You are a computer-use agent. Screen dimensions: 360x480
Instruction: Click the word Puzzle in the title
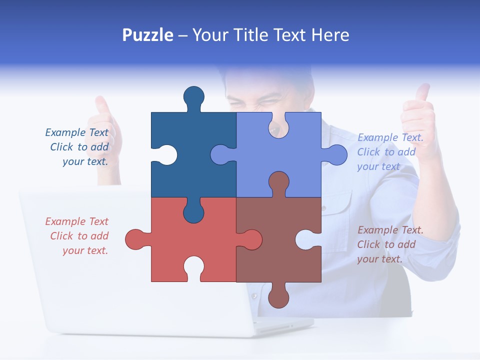click(x=147, y=35)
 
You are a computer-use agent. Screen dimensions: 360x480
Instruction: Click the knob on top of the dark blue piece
click(x=194, y=96)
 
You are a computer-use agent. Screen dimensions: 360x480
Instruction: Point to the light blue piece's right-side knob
click(x=336, y=155)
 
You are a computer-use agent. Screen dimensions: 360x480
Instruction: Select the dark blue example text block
click(x=78, y=147)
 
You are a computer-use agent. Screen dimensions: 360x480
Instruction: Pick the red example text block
click(x=78, y=236)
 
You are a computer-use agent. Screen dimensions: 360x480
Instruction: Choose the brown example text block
click(x=390, y=244)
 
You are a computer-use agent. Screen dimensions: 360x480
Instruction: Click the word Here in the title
click(x=330, y=35)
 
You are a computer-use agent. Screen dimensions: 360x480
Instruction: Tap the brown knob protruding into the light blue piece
click(x=279, y=182)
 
